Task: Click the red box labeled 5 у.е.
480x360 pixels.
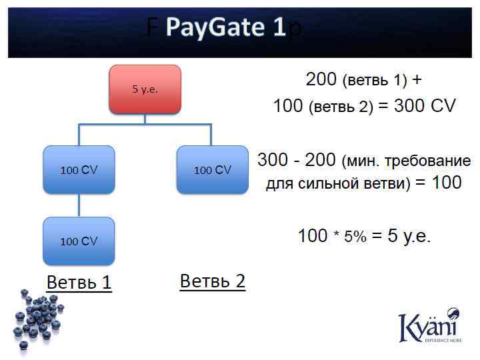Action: point(145,89)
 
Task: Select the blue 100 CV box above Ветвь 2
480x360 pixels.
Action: point(212,170)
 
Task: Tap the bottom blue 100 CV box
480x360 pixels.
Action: point(79,241)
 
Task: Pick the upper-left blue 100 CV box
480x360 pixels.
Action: point(79,170)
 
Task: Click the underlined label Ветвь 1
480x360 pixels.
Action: point(79,283)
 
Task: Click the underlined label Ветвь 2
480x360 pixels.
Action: point(213,281)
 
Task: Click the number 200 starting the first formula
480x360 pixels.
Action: point(321,79)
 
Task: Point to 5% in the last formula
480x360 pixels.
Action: point(355,237)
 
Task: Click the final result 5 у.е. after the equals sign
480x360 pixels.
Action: point(409,236)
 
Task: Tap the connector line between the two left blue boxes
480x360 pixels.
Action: point(79,205)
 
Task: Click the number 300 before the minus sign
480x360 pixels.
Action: point(273,161)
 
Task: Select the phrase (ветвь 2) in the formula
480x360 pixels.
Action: point(341,107)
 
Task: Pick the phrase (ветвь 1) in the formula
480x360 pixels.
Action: point(374,81)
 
